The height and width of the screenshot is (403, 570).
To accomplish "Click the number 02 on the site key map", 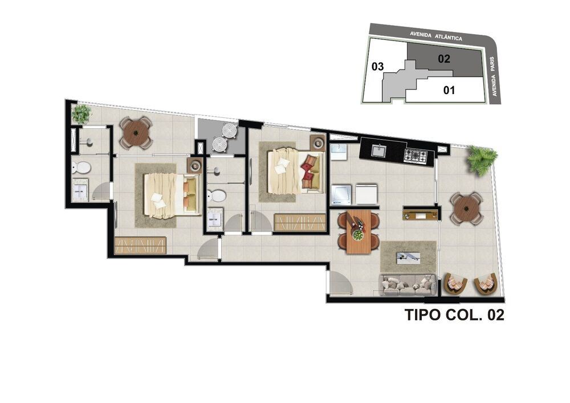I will click(x=444, y=58).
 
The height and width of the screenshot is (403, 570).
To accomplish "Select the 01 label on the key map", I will click(x=449, y=89).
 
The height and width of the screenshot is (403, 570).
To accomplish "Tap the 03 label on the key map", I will click(x=377, y=67).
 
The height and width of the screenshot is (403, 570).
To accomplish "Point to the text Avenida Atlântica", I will click(x=435, y=36).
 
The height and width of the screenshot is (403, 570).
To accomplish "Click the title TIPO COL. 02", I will click(x=454, y=315).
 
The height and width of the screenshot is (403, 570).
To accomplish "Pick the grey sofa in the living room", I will click(x=408, y=284).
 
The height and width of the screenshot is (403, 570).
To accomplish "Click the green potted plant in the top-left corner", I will click(x=82, y=114).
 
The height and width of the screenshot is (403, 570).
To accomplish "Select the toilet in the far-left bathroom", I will click(x=80, y=168).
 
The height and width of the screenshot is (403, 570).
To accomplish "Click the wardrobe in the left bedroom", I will click(x=140, y=245).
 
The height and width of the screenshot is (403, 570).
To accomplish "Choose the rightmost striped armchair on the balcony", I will click(x=486, y=283).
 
